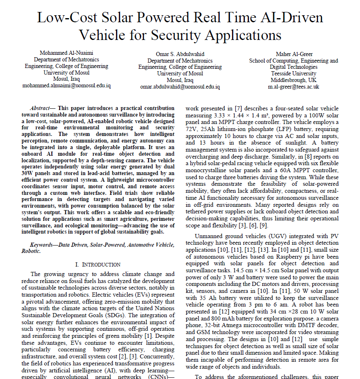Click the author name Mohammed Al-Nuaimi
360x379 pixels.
click(66, 53)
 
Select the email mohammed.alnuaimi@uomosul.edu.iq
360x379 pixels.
click(66, 86)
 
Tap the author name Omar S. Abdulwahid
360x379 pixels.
click(180, 54)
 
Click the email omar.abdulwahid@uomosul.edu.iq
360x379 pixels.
click(180, 87)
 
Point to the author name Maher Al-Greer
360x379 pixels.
click(294, 54)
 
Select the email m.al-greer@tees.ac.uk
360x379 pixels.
click(294, 87)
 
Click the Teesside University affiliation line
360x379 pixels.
click(294, 73)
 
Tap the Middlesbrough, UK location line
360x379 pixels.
click(294, 80)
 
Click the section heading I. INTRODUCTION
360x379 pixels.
click(98, 264)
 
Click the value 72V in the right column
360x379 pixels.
click(194, 129)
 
